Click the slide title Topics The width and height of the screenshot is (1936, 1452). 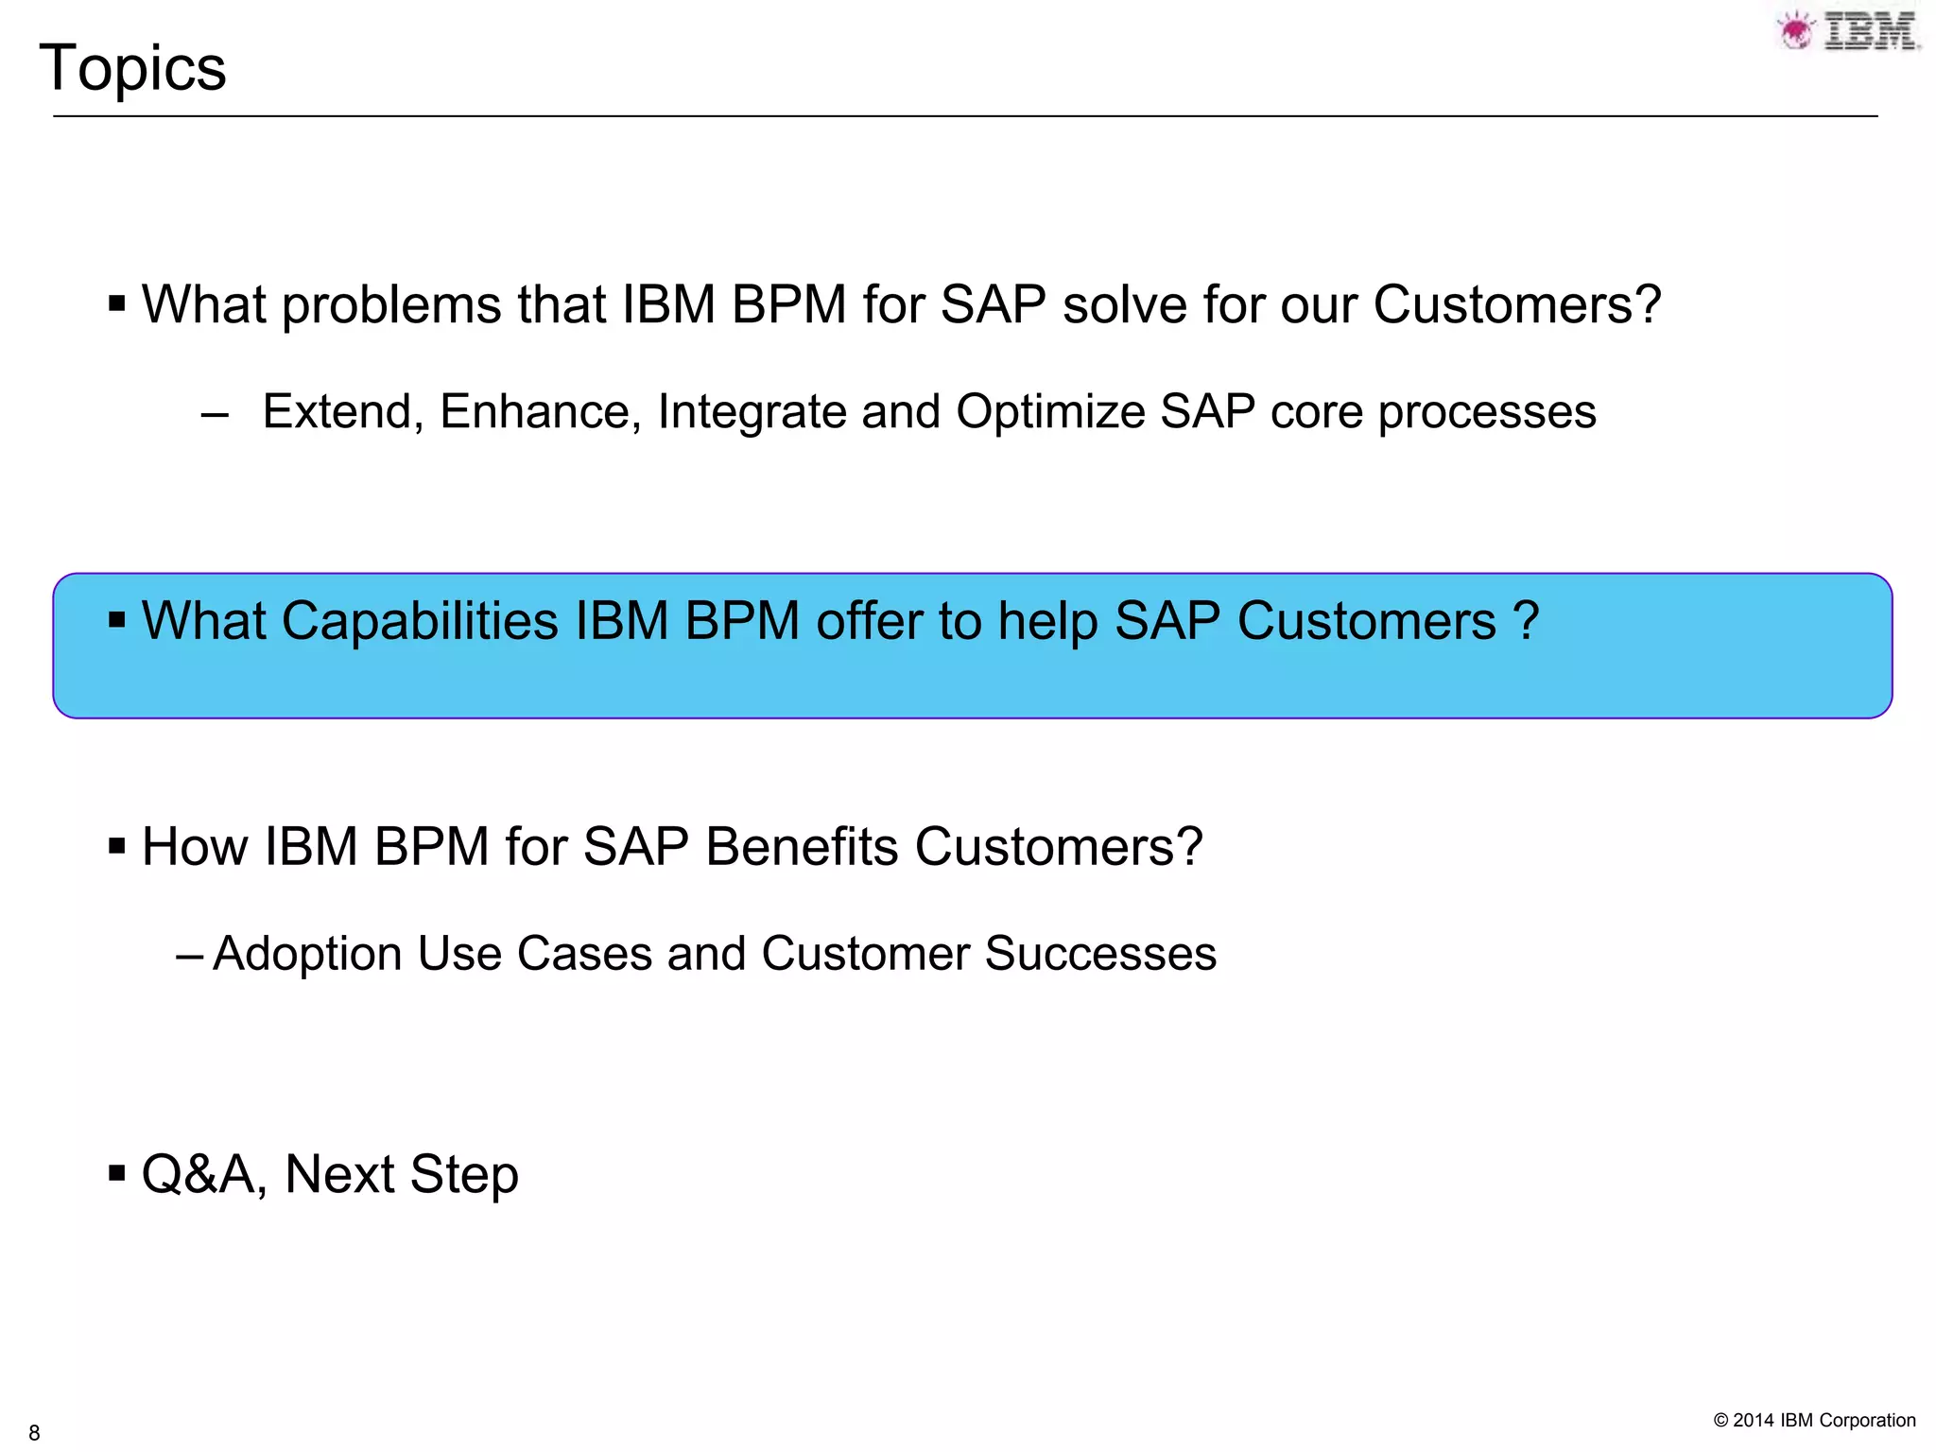coord(132,68)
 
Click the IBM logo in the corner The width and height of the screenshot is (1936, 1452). coord(1849,31)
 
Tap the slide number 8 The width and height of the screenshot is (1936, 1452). coord(34,1432)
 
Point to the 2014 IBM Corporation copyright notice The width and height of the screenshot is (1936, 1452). coord(1814,1420)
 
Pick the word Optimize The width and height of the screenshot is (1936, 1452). coord(1050,411)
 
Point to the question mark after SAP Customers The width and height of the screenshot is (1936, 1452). coord(1526,621)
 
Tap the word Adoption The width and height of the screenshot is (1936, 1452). coord(307,954)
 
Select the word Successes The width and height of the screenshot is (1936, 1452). coord(1100,953)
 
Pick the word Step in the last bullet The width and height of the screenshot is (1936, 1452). coord(464,1175)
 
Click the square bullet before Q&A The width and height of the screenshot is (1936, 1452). coord(117,1174)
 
